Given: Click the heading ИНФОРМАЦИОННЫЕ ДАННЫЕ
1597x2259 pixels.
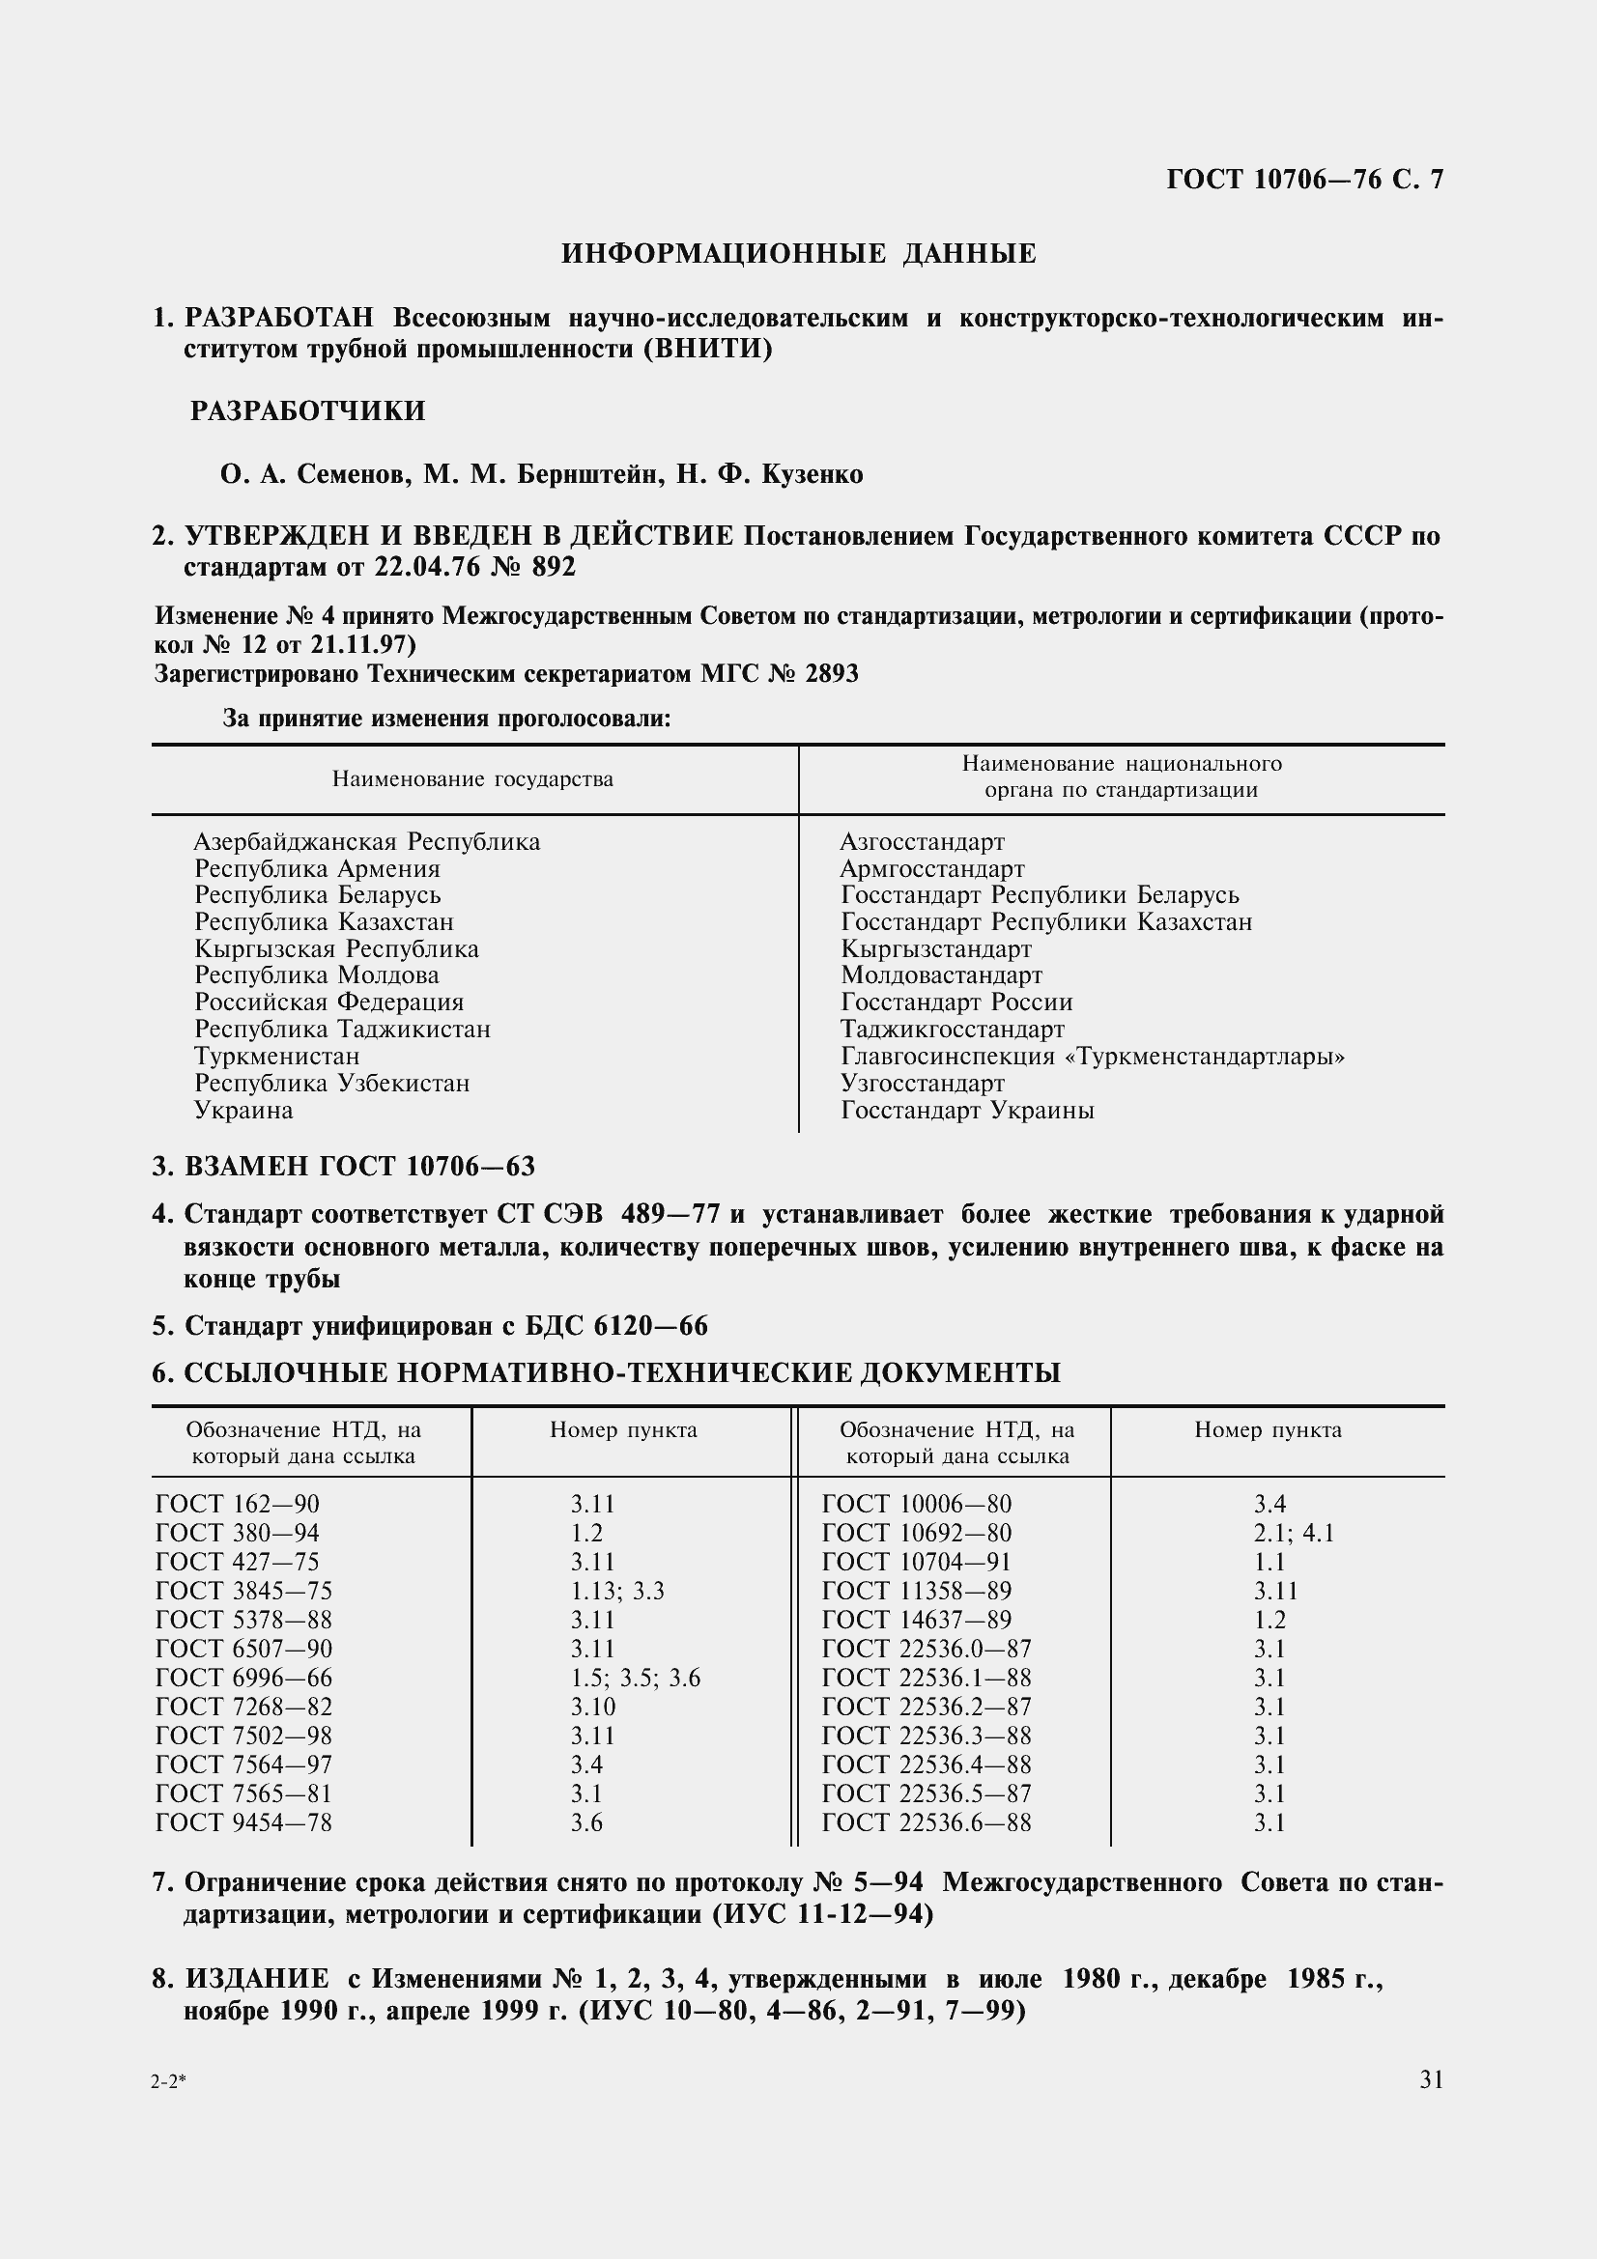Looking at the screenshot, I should (x=798, y=254).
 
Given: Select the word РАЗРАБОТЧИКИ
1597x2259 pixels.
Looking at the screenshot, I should (x=308, y=410).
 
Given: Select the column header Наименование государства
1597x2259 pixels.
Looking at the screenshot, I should (x=472, y=779).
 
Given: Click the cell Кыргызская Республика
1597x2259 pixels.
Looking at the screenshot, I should (x=336, y=948).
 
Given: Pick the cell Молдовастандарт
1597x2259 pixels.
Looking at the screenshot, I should (x=941, y=975).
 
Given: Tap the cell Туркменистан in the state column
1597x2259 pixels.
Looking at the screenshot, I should (x=276, y=1056).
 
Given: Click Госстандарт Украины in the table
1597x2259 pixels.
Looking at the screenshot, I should (x=967, y=1110).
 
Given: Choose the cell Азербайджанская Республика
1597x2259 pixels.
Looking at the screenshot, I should (x=367, y=841).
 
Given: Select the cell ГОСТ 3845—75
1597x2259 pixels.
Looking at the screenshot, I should (x=244, y=1591).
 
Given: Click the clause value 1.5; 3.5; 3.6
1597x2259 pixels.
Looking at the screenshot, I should (x=635, y=1678).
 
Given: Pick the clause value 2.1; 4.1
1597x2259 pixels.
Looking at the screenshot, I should (x=1293, y=1533).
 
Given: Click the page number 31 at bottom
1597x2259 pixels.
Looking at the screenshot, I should (x=1431, y=2079).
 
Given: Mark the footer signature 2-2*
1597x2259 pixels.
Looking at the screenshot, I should (x=168, y=2082).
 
